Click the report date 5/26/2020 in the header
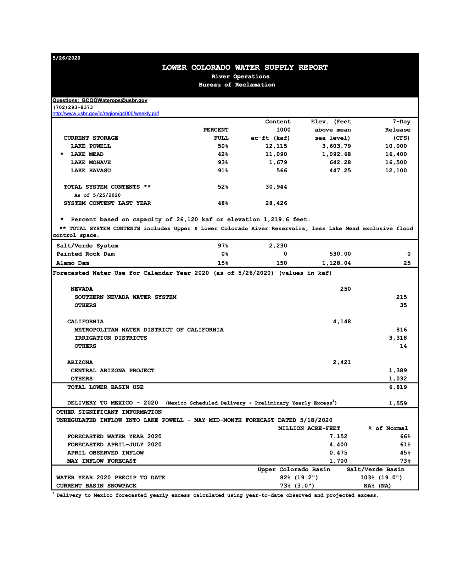pos(67,58)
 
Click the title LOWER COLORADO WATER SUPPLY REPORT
pos(245,67)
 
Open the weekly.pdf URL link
pos(106,114)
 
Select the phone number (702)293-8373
pos(73,107)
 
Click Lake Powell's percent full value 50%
pos(223,146)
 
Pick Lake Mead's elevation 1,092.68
pos(336,154)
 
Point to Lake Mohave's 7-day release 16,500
pos(396,162)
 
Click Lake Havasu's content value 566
pos(282,171)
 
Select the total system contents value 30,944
pos(276,187)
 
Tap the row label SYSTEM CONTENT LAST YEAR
pos(107,203)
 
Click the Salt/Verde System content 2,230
pos(278,246)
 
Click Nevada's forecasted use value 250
pos(345,289)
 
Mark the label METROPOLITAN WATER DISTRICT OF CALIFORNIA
pos(149,330)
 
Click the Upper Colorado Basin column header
pos(294,469)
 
